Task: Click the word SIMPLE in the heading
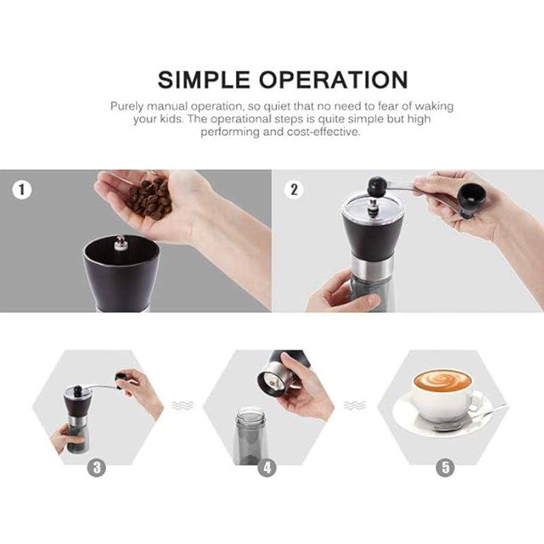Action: click(x=203, y=80)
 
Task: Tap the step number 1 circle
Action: click(x=23, y=190)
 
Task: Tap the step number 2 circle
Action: click(x=294, y=190)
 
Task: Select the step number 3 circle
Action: click(x=97, y=468)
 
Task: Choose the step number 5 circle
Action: click(x=445, y=468)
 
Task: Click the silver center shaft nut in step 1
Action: click(x=121, y=242)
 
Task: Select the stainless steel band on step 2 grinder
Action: click(x=370, y=267)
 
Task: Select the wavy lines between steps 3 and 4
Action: click(x=182, y=405)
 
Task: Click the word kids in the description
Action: click(x=215, y=119)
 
